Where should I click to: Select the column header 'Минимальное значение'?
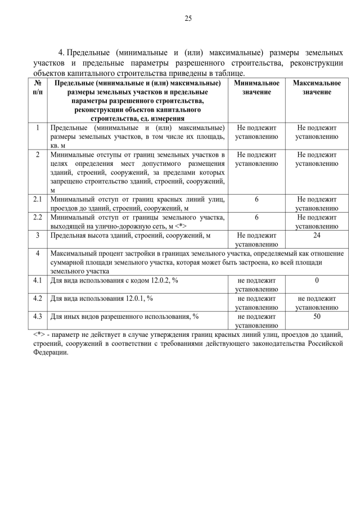coord(256,87)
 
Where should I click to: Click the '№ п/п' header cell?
coord(37,87)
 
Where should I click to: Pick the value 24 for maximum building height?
coord(316,235)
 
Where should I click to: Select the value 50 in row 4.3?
coord(316,316)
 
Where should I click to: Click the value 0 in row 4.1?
coord(316,280)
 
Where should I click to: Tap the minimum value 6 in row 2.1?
coord(256,199)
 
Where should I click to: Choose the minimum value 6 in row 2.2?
coord(256,217)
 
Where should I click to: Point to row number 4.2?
coord(37,298)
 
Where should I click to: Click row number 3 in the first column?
coord(37,235)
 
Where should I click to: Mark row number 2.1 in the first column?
coord(37,199)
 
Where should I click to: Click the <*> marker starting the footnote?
coord(39,335)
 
